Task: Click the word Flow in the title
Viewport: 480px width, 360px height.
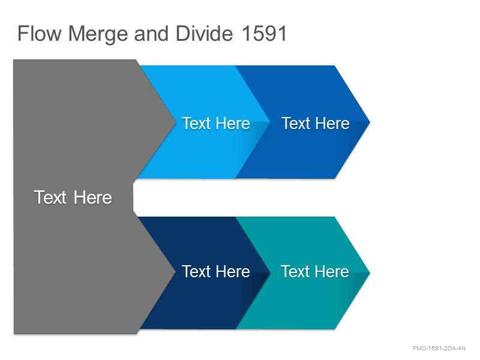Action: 40,34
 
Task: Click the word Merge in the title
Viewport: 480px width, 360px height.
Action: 98,35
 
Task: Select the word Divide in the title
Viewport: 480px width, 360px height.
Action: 204,34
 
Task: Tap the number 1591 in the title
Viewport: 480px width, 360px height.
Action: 264,34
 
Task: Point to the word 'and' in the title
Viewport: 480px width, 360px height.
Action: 152,34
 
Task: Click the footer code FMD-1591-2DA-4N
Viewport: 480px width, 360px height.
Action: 439,349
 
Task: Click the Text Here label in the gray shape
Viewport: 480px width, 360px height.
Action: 73,197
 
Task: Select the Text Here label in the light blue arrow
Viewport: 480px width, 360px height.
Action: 216,124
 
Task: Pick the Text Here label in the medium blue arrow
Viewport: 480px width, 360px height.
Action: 316,124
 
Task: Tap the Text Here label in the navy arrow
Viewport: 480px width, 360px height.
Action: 216,272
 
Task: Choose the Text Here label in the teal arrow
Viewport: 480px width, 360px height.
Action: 315,272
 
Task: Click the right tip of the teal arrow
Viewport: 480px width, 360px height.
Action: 370,273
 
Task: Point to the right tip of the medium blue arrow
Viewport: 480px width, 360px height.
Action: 370,122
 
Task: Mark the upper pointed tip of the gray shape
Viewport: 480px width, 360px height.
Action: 176,123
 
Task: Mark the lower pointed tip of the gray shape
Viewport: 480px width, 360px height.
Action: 175,271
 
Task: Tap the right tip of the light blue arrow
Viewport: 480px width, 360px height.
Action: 271,122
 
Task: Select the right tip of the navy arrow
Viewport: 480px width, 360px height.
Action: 271,273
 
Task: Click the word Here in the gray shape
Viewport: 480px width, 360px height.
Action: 93,197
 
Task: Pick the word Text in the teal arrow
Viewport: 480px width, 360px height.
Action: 295,272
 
